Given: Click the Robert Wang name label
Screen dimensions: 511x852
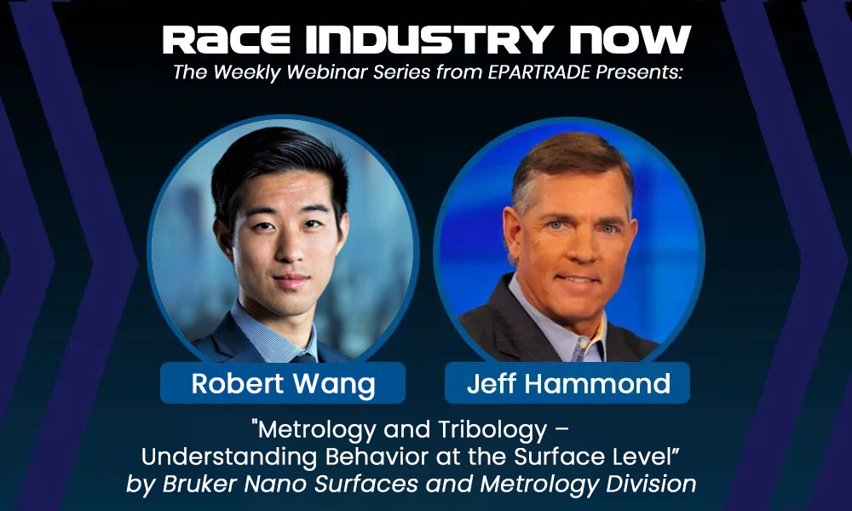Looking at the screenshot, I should [x=283, y=384].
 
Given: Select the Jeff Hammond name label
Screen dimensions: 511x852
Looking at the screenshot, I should [x=567, y=384].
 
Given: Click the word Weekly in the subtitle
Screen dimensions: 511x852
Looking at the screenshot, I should [x=245, y=74].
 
